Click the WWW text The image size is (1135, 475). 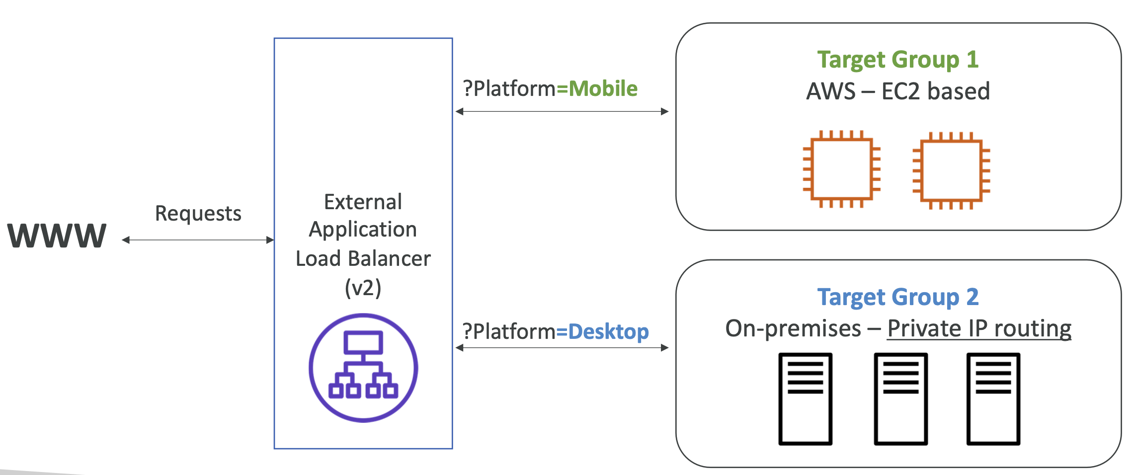pos(57,236)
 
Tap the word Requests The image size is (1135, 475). pos(198,214)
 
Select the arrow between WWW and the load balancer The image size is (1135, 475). pos(198,240)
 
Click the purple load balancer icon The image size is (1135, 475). pos(363,368)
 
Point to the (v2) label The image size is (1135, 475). pos(363,288)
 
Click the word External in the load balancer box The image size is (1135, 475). pos(363,202)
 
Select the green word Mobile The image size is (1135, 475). pos(603,89)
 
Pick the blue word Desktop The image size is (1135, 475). pos(608,332)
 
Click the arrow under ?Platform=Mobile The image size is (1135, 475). pos(562,111)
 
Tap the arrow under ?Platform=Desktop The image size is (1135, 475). pos(562,348)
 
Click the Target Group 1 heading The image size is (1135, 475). pos(897,60)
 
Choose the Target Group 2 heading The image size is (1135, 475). pos(897,298)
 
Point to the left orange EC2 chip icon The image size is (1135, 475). pos(841,169)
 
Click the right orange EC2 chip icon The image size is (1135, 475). pos(951,170)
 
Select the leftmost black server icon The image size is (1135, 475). pos(805,398)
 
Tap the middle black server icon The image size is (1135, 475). pos(900,398)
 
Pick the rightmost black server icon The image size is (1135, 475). pos(993,398)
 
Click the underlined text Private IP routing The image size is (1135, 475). pos(979,329)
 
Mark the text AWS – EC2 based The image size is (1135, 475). pos(897,91)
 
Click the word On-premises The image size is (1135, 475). pos(793,329)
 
